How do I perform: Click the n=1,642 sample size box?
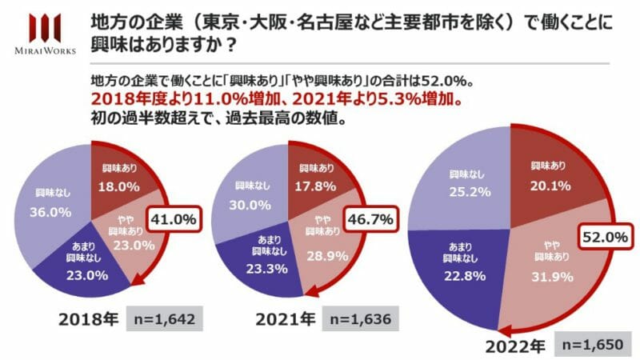[x=164, y=318]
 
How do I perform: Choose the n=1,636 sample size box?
[x=361, y=318]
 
